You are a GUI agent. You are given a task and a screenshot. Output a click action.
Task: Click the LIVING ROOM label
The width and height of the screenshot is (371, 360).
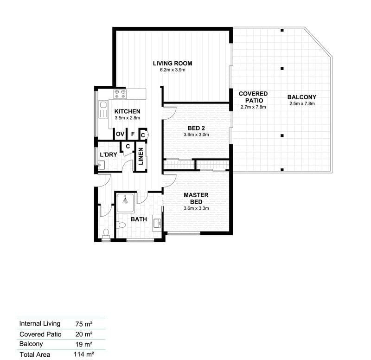[x=173, y=64]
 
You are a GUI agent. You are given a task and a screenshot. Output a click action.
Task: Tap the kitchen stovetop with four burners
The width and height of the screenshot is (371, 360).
[x=120, y=94]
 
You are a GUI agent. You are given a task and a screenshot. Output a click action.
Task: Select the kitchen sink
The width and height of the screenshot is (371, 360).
[x=103, y=109]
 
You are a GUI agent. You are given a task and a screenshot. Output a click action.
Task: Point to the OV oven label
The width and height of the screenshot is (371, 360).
[x=120, y=134]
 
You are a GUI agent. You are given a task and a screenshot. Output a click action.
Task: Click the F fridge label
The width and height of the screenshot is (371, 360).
[x=133, y=134]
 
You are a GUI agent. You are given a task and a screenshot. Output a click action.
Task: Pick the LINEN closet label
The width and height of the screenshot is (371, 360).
[x=141, y=156]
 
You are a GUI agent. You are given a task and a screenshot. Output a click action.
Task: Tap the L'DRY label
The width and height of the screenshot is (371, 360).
[x=109, y=154]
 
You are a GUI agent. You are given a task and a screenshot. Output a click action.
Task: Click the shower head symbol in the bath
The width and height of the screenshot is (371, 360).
[x=125, y=200]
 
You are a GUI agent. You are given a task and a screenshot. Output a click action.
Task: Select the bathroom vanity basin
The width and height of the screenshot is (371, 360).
[x=157, y=223]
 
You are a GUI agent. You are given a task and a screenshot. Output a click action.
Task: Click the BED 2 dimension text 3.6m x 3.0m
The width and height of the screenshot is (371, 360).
[x=196, y=135]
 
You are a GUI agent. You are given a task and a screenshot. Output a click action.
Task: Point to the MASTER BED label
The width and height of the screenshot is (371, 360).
[x=196, y=199]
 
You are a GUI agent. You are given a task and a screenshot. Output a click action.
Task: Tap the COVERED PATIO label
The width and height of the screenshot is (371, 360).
[x=253, y=97]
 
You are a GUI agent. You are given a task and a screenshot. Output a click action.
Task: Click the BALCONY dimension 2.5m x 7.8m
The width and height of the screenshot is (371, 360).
[x=302, y=103]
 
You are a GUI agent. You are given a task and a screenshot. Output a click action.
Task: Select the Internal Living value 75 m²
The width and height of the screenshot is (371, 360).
[x=84, y=324]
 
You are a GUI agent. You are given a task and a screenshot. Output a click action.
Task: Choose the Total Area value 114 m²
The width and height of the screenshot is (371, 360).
[x=84, y=354]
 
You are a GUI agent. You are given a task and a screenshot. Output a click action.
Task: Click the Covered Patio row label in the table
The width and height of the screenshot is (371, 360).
[x=40, y=334]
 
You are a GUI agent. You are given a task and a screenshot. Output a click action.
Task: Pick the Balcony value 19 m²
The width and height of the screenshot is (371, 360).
[x=84, y=344]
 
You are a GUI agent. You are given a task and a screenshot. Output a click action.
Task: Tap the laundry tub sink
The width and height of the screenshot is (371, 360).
[x=101, y=165]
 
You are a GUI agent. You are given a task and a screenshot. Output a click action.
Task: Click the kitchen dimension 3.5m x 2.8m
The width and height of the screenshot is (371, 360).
[x=127, y=118]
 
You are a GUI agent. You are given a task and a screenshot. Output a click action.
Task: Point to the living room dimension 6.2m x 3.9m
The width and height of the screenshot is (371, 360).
[x=173, y=70]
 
